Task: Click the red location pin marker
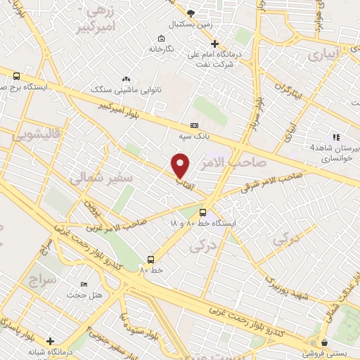tap(181, 165)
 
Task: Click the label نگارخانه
tap(160, 50)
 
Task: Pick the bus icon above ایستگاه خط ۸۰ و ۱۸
tap(203, 212)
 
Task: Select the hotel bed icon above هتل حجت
tap(84, 284)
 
